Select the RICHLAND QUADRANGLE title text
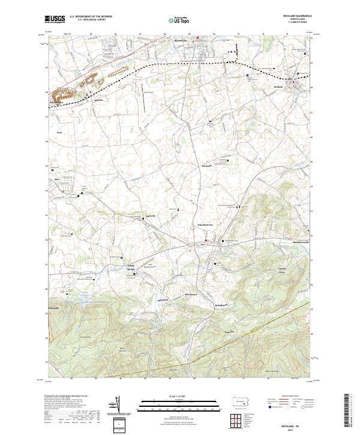coord(298,16)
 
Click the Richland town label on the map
coord(278,87)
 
